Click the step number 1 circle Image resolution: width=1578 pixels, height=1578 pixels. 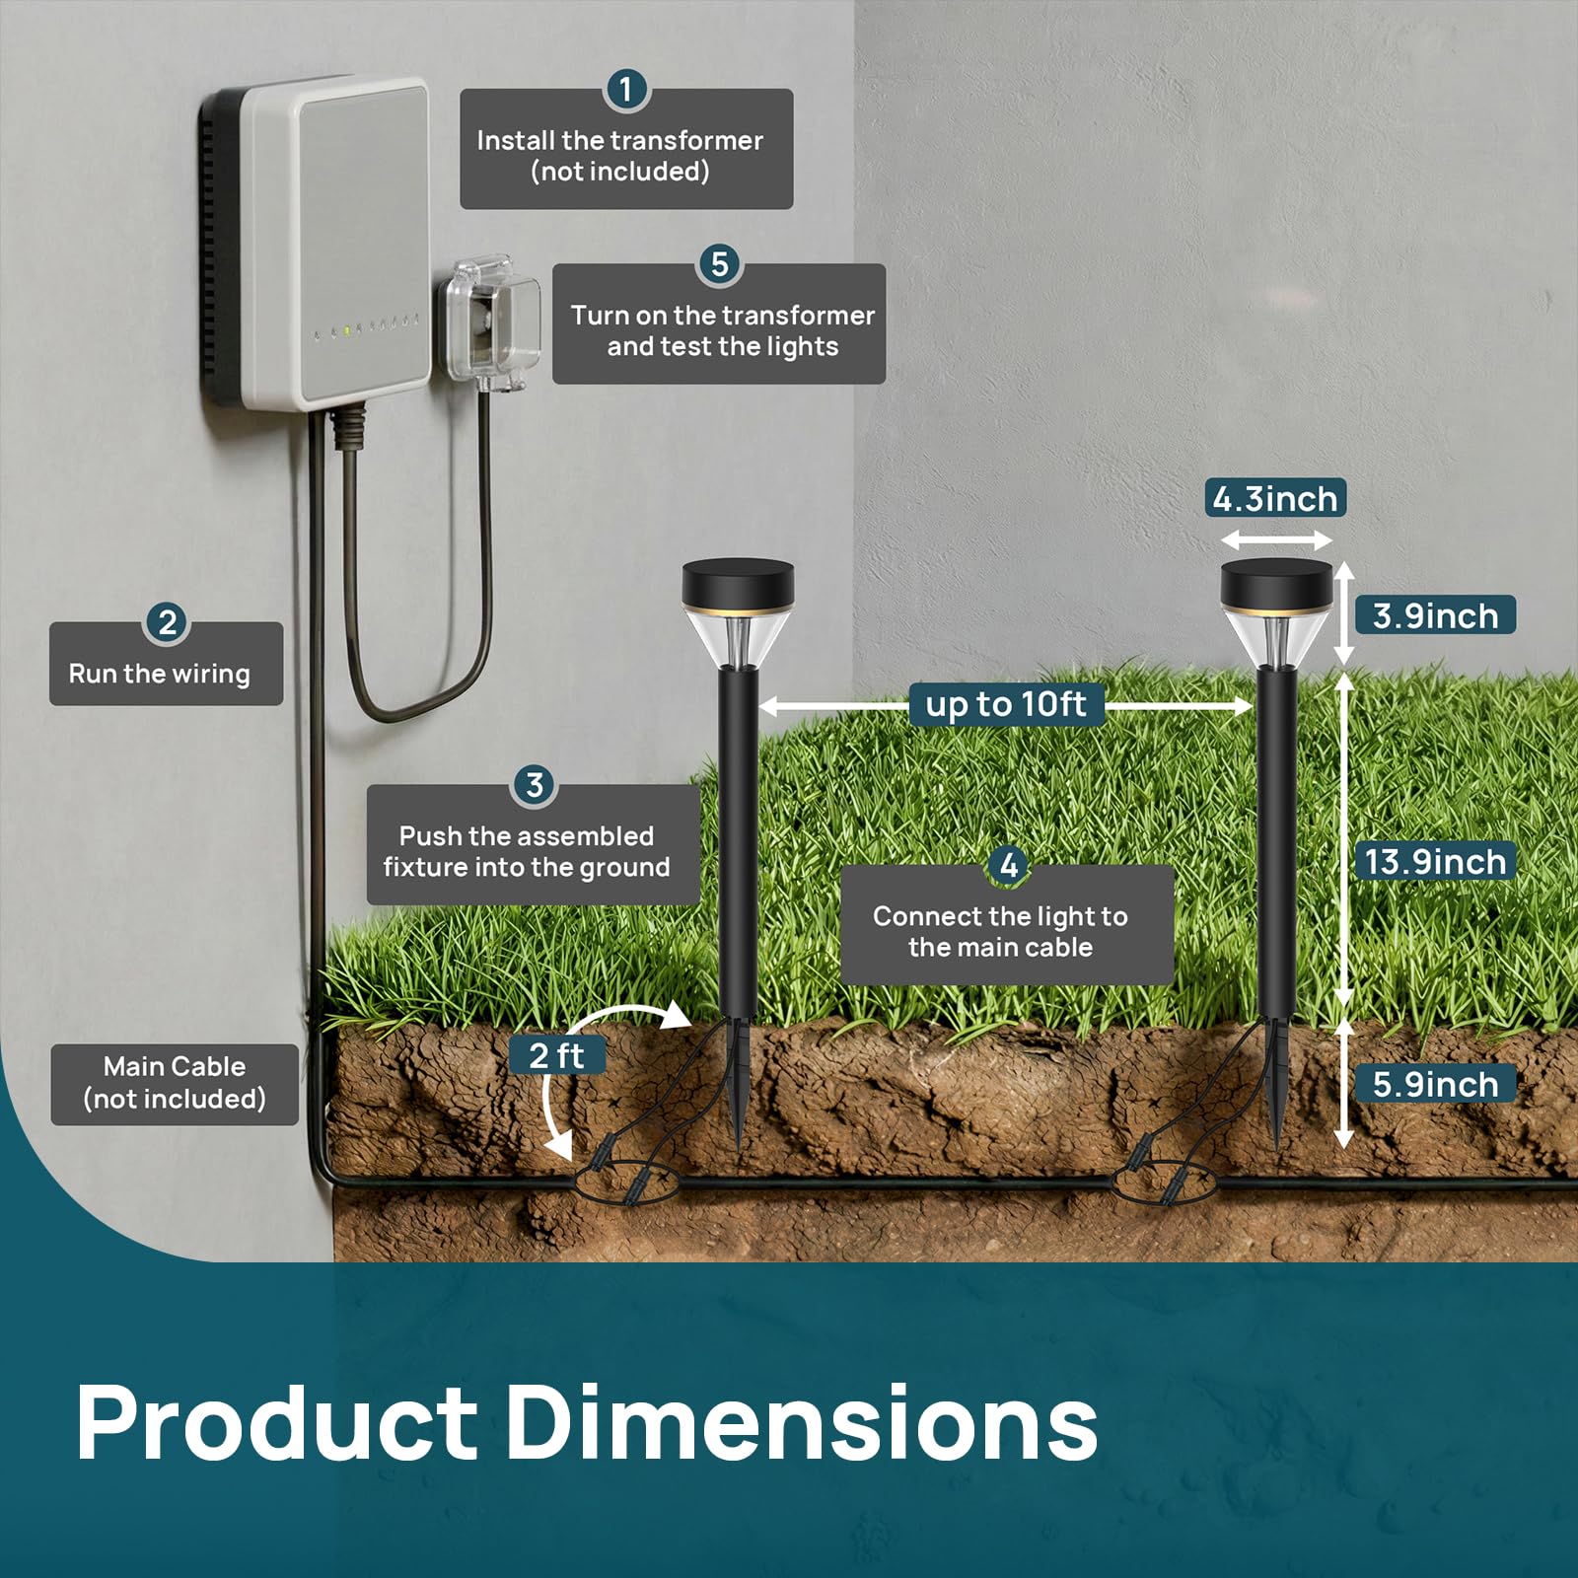click(625, 90)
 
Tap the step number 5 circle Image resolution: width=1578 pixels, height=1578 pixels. click(720, 264)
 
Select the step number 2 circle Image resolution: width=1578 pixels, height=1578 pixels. click(167, 622)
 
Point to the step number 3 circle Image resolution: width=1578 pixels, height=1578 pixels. click(535, 785)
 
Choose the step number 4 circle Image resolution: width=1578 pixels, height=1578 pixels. click(1008, 866)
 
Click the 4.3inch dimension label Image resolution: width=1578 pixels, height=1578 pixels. click(1275, 498)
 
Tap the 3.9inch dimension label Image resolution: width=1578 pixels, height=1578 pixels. click(1435, 615)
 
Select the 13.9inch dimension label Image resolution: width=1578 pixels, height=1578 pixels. click(1435, 861)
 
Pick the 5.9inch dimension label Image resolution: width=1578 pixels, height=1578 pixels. click(1435, 1084)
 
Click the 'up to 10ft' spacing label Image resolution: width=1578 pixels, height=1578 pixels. click(1006, 704)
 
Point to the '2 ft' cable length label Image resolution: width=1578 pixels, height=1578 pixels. click(557, 1055)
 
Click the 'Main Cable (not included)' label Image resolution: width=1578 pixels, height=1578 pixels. click(175, 1083)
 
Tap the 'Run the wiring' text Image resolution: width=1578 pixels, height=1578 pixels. click(159, 674)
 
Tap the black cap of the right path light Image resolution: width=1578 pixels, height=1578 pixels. click(1276, 584)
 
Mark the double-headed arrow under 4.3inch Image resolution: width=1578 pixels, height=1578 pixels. click(1276, 539)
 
